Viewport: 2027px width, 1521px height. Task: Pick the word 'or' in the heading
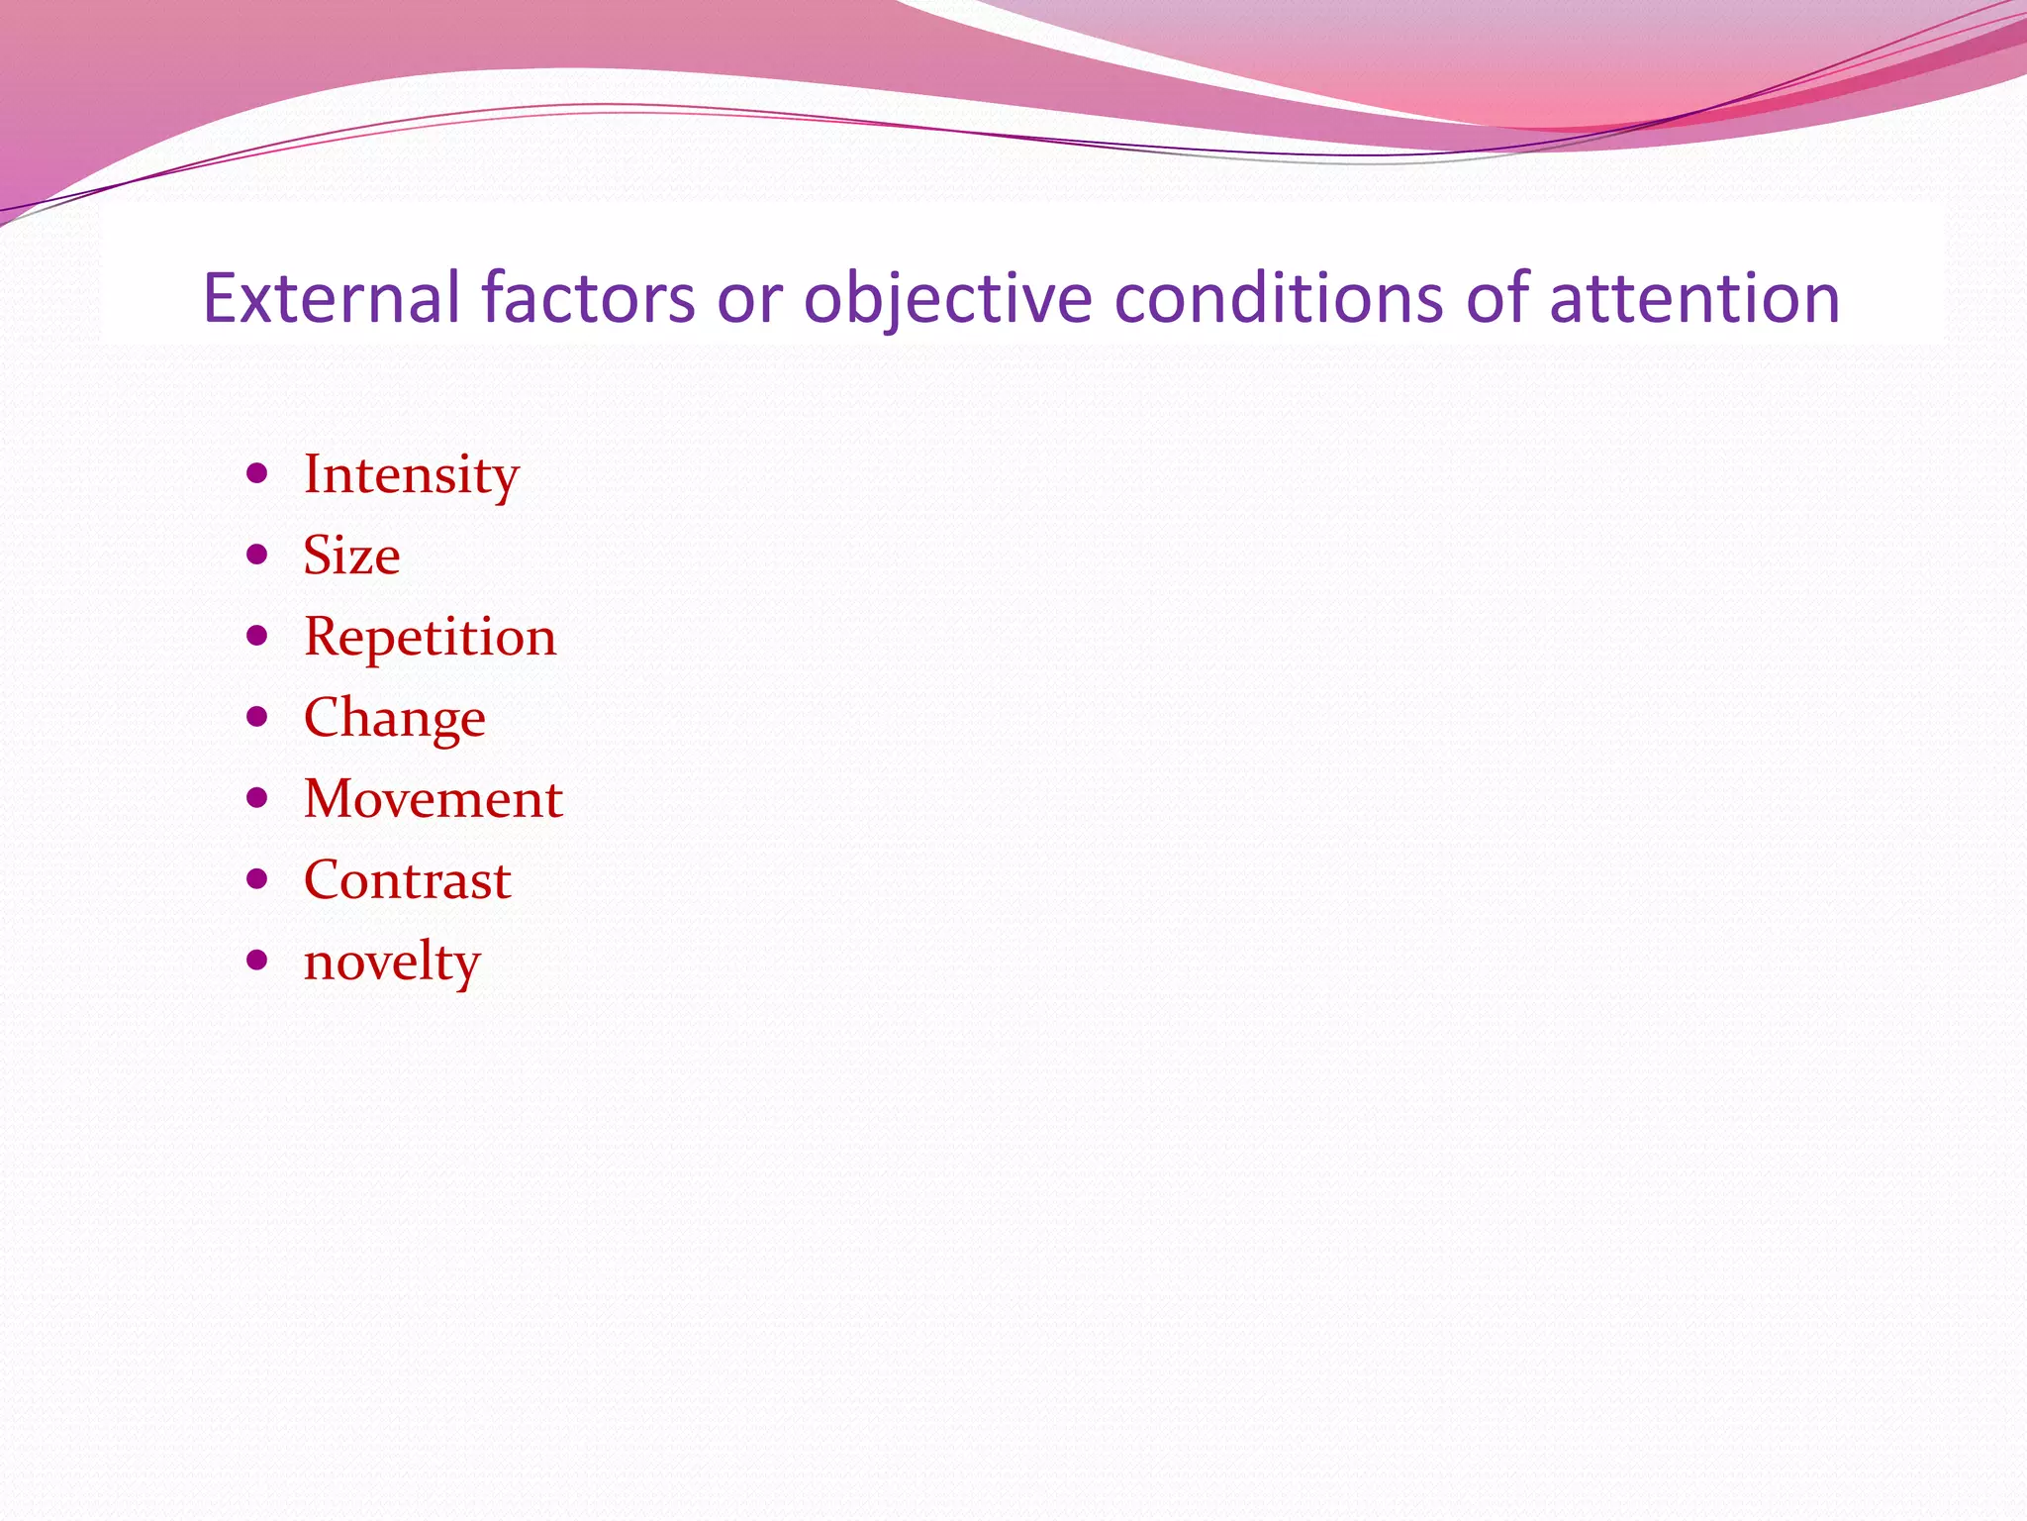pyautogui.click(x=749, y=299)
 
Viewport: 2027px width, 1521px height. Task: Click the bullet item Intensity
pyautogui.click(x=411, y=474)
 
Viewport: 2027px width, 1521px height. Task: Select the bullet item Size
pyautogui.click(x=351, y=556)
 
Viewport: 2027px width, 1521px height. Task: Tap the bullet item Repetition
pyautogui.click(x=430, y=637)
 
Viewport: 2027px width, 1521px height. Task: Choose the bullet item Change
pyautogui.click(x=394, y=718)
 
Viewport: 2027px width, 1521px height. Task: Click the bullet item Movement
pyautogui.click(x=433, y=799)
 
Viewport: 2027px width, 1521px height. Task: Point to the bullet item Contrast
pyautogui.click(x=407, y=880)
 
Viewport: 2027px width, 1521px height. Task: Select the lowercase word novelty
pyautogui.click(x=392, y=962)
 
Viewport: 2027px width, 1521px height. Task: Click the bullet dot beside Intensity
pyautogui.click(x=257, y=473)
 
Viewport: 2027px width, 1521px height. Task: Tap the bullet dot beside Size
pyautogui.click(x=257, y=555)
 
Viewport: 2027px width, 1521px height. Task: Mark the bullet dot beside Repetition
pyautogui.click(x=257, y=636)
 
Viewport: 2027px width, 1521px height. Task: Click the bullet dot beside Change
pyautogui.click(x=257, y=717)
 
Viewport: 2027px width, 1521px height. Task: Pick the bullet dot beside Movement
pyautogui.click(x=257, y=798)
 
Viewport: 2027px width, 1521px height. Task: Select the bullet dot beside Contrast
pyautogui.click(x=257, y=879)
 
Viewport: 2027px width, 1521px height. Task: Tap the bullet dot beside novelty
pyautogui.click(x=257, y=960)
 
